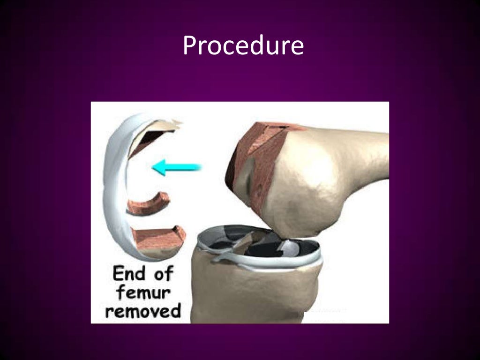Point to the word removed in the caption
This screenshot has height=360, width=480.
coord(142,310)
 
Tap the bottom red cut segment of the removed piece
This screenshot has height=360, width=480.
coord(157,237)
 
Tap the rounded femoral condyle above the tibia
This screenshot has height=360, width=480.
coord(309,197)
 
